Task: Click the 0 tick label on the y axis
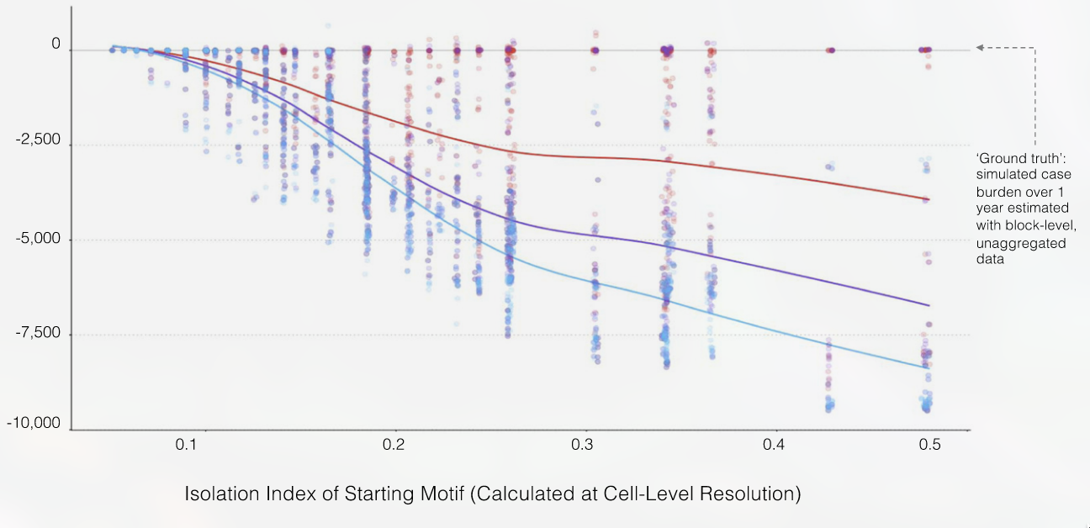click(x=56, y=44)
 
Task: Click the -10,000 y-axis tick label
click(x=34, y=423)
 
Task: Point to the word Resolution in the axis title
click(x=751, y=494)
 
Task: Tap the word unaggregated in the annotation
click(x=1020, y=243)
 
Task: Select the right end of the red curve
click(x=929, y=199)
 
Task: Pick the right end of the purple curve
click(x=929, y=305)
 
